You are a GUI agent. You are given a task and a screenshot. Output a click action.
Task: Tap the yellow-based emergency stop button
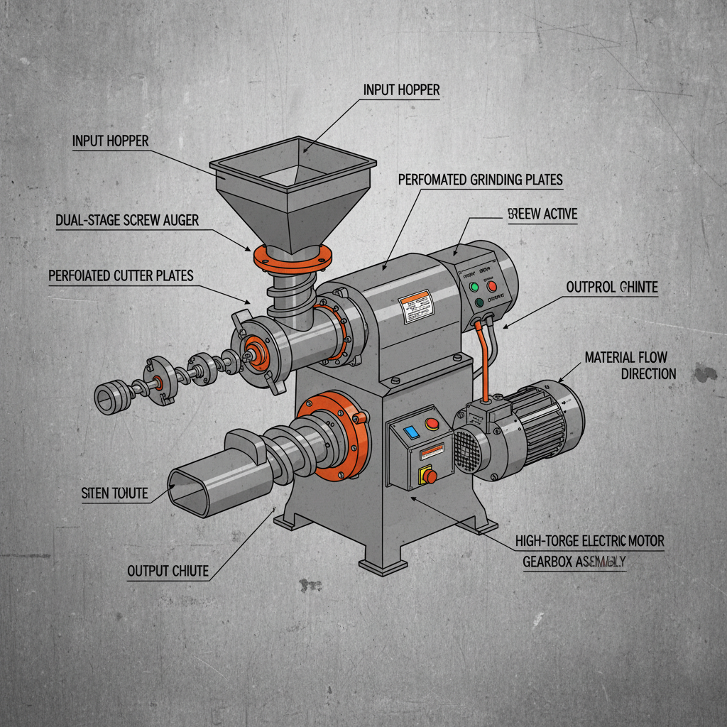pyautogui.click(x=429, y=476)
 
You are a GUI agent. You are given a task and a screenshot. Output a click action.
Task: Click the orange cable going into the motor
pyautogui.click(x=485, y=362)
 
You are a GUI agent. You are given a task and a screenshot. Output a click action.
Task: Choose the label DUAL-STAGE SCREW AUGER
pyautogui.click(x=127, y=221)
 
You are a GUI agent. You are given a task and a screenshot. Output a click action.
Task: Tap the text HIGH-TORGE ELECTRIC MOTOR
pyautogui.click(x=589, y=541)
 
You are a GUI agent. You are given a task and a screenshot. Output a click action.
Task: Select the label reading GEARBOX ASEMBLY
pyautogui.click(x=574, y=561)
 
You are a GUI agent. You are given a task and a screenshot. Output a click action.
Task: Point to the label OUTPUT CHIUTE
pyautogui.click(x=168, y=571)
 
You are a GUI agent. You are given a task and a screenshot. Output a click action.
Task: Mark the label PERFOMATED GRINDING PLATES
pyautogui.click(x=480, y=180)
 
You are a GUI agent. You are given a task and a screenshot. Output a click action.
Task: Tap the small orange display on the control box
pyautogui.click(x=432, y=450)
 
